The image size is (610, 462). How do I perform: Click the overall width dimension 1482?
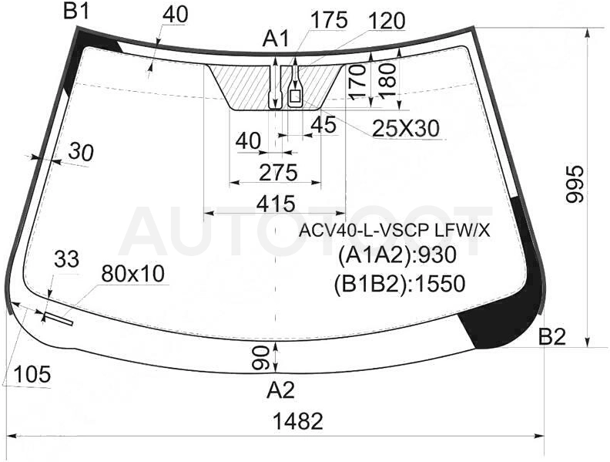[x=298, y=421]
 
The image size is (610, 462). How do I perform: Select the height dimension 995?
[x=575, y=184]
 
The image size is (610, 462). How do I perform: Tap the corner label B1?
[x=77, y=12]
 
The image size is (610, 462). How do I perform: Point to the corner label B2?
[x=552, y=336]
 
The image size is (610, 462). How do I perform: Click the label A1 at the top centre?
[x=277, y=39]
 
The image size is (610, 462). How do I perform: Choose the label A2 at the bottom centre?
[x=280, y=390]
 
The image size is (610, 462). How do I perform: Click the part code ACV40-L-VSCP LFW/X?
[x=394, y=231]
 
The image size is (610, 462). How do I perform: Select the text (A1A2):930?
[x=397, y=255]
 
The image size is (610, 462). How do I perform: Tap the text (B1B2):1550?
[x=400, y=284]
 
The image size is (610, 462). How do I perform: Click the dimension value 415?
[x=277, y=204]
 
